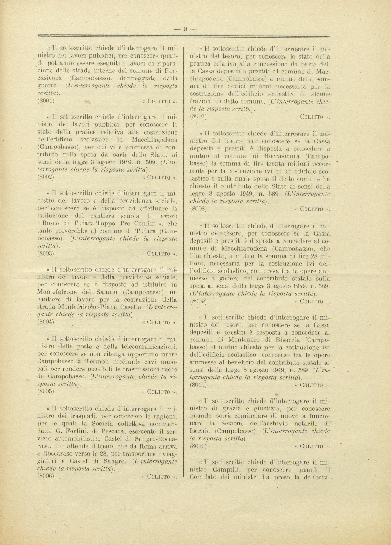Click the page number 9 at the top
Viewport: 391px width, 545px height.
pos(185,29)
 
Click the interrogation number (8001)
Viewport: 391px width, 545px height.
pos(46,101)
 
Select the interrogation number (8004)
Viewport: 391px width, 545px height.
pos(46,321)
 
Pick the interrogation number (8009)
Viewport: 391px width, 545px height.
pos(198,300)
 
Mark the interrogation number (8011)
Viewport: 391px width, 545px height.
pos(198,446)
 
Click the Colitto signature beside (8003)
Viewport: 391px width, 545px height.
pos(159,254)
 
